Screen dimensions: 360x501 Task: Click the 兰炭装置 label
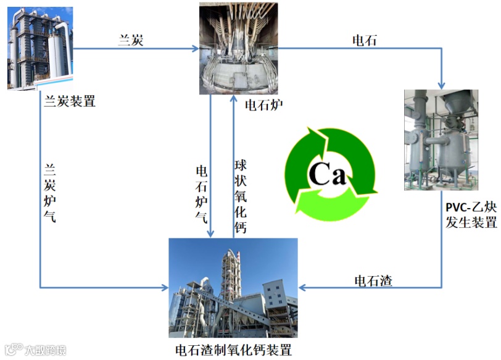[x=70, y=101]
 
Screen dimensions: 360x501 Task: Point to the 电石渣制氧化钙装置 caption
[x=233, y=350]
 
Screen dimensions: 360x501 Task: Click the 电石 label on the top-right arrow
[x=363, y=41]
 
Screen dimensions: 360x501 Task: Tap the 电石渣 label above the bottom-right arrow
[x=373, y=280]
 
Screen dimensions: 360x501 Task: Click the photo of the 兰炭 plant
[x=40, y=49]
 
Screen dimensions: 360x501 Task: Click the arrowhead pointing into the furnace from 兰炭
[x=196, y=48]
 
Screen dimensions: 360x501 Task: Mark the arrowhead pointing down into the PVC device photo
[x=441, y=85]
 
